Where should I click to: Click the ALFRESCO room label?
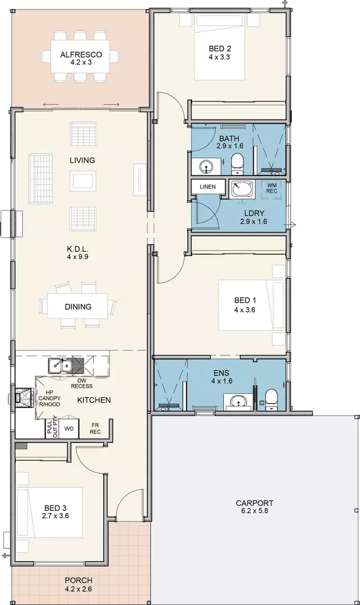pyautogui.click(x=81, y=54)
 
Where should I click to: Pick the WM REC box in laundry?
pyautogui.click(x=272, y=188)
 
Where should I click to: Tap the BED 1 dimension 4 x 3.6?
pyautogui.click(x=245, y=310)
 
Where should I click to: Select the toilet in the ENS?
pyautogui.click(x=271, y=399)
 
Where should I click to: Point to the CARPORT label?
pyautogui.click(x=254, y=502)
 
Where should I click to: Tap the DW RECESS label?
pyautogui.click(x=82, y=383)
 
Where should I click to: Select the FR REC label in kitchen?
pyautogui.click(x=96, y=428)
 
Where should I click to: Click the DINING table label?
pyautogui.click(x=77, y=306)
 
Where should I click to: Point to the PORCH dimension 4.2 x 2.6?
pyautogui.click(x=78, y=589)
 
